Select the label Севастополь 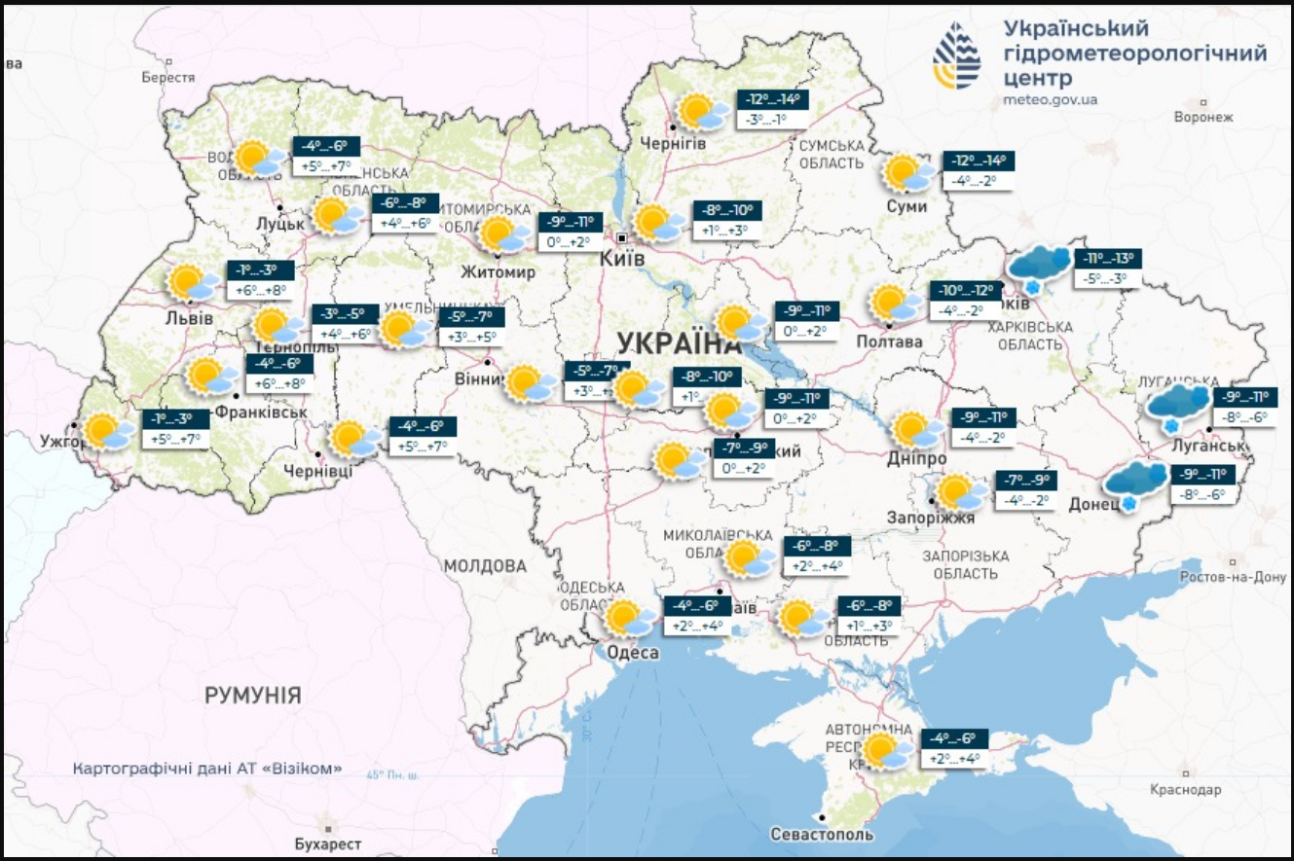click(821, 835)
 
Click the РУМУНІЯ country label click(252, 696)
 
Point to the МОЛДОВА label click(485, 566)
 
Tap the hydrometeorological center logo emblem click(957, 54)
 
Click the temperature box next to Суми click(979, 170)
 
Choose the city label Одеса click(633, 653)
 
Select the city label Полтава click(889, 341)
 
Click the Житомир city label click(499, 272)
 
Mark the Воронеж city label click(1203, 117)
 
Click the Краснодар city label click(1185, 789)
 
